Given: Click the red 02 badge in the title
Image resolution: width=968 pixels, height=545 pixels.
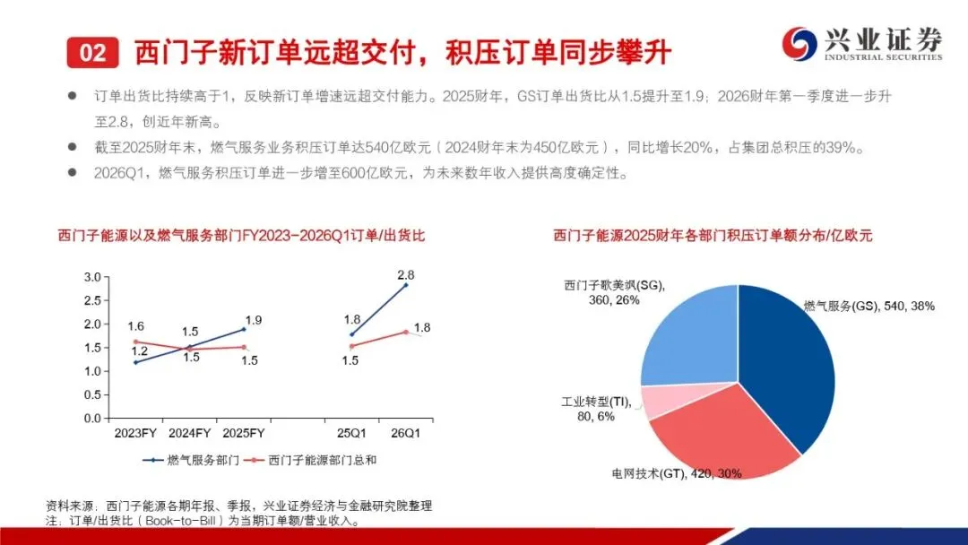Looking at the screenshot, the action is [x=92, y=53].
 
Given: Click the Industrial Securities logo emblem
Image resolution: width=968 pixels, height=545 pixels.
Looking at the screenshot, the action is [x=799, y=44].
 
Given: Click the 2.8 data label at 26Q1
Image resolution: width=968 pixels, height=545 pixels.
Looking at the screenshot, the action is [x=406, y=274].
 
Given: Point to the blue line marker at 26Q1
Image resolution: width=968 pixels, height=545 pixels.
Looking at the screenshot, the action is [x=406, y=285].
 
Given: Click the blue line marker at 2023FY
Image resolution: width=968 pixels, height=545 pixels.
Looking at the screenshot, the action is [x=136, y=362].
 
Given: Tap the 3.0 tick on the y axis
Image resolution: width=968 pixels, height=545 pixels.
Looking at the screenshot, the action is [x=92, y=277].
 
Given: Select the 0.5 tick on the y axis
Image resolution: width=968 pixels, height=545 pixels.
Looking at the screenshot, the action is [x=92, y=395].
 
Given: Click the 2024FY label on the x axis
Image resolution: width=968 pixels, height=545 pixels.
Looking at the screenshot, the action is [x=189, y=433].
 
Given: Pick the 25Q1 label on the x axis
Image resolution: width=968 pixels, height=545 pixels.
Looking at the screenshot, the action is [x=351, y=433].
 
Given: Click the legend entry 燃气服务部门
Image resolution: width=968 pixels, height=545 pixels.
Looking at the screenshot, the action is [x=192, y=461].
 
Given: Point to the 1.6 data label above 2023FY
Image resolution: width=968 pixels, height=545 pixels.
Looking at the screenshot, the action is [x=136, y=326].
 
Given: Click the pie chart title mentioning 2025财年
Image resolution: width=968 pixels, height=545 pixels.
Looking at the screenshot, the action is [x=713, y=236].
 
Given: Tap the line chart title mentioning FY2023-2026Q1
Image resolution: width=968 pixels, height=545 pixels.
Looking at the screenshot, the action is [x=241, y=236].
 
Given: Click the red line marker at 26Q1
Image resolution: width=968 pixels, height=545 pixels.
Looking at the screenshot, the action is [x=406, y=332].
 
